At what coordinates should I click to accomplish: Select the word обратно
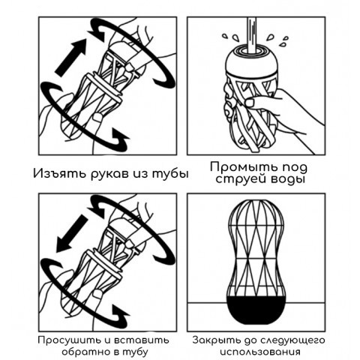pyautogui.click(x=71, y=350)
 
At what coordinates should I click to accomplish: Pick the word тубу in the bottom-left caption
pyautogui.click(x=134, y=350)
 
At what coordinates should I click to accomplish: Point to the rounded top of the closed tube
pyautogui.click(x=256, y=210)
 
